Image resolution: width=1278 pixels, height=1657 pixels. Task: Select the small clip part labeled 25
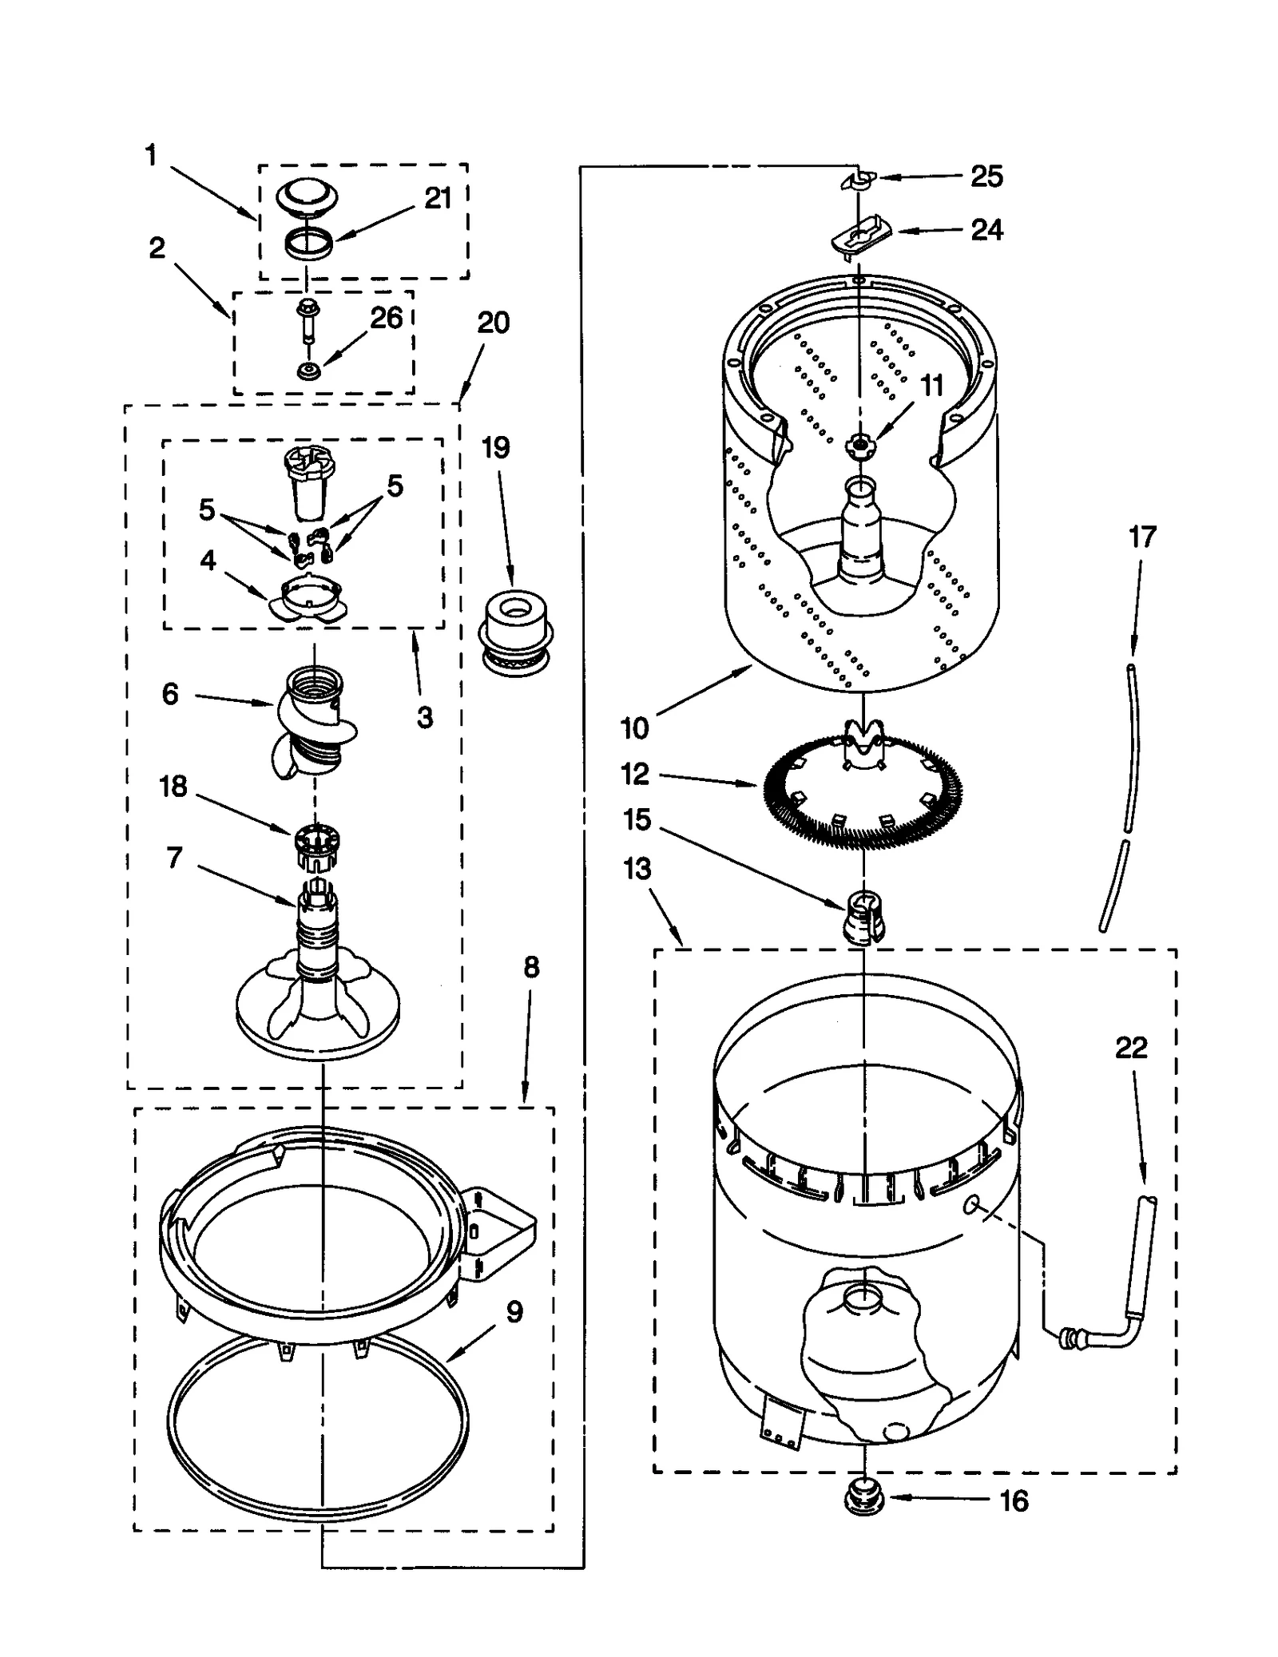click(858, 180)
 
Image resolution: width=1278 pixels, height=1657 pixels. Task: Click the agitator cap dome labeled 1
click(308, 196)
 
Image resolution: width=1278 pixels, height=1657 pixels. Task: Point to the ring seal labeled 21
click(308, 243)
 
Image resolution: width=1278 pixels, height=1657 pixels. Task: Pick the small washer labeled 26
click(307, 371)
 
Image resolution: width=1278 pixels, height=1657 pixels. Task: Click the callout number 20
click(493, 323)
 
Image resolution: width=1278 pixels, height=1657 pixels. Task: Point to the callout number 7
click(175, 858)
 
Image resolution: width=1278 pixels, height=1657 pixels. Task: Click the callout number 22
click(1130, 1048)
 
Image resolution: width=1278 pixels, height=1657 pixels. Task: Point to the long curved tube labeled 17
click(1128, 791)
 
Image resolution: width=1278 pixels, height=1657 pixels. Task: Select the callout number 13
click(637, 869)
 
